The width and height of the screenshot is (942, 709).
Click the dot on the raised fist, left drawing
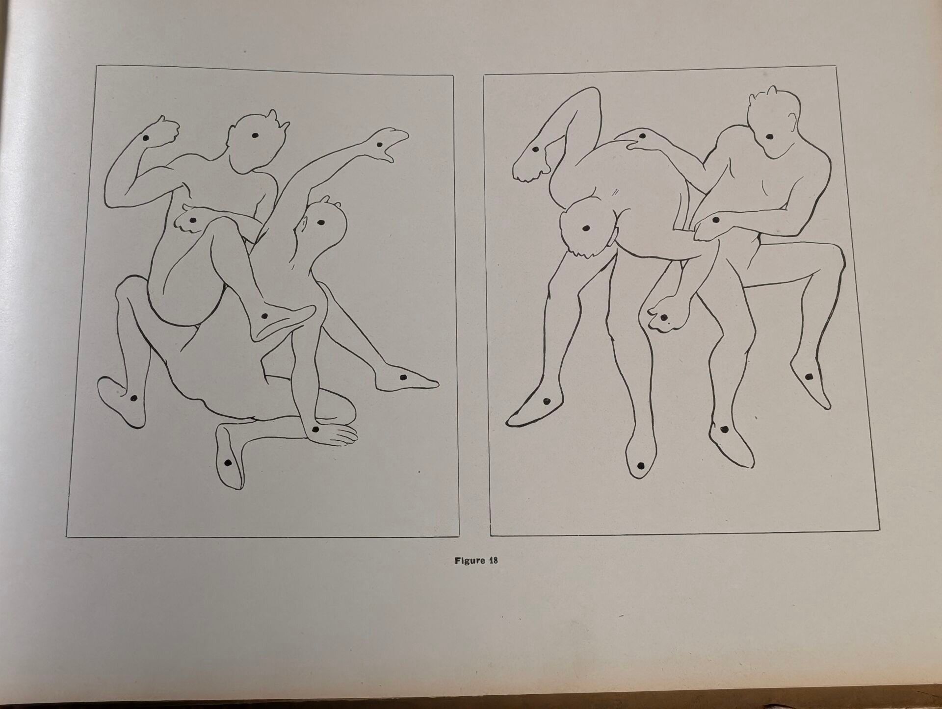point(146,138)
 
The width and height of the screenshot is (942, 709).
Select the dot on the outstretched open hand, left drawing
point(379,145)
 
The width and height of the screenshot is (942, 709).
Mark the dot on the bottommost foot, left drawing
point(228,462)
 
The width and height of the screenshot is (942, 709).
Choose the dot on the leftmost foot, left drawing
point(132,399)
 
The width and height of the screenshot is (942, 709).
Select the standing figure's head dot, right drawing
point(770,137)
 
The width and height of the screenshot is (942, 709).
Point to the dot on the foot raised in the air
point(536,149)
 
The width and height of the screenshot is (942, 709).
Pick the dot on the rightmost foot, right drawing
point(810,376)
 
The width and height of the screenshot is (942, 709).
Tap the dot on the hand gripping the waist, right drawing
point(715,220)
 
